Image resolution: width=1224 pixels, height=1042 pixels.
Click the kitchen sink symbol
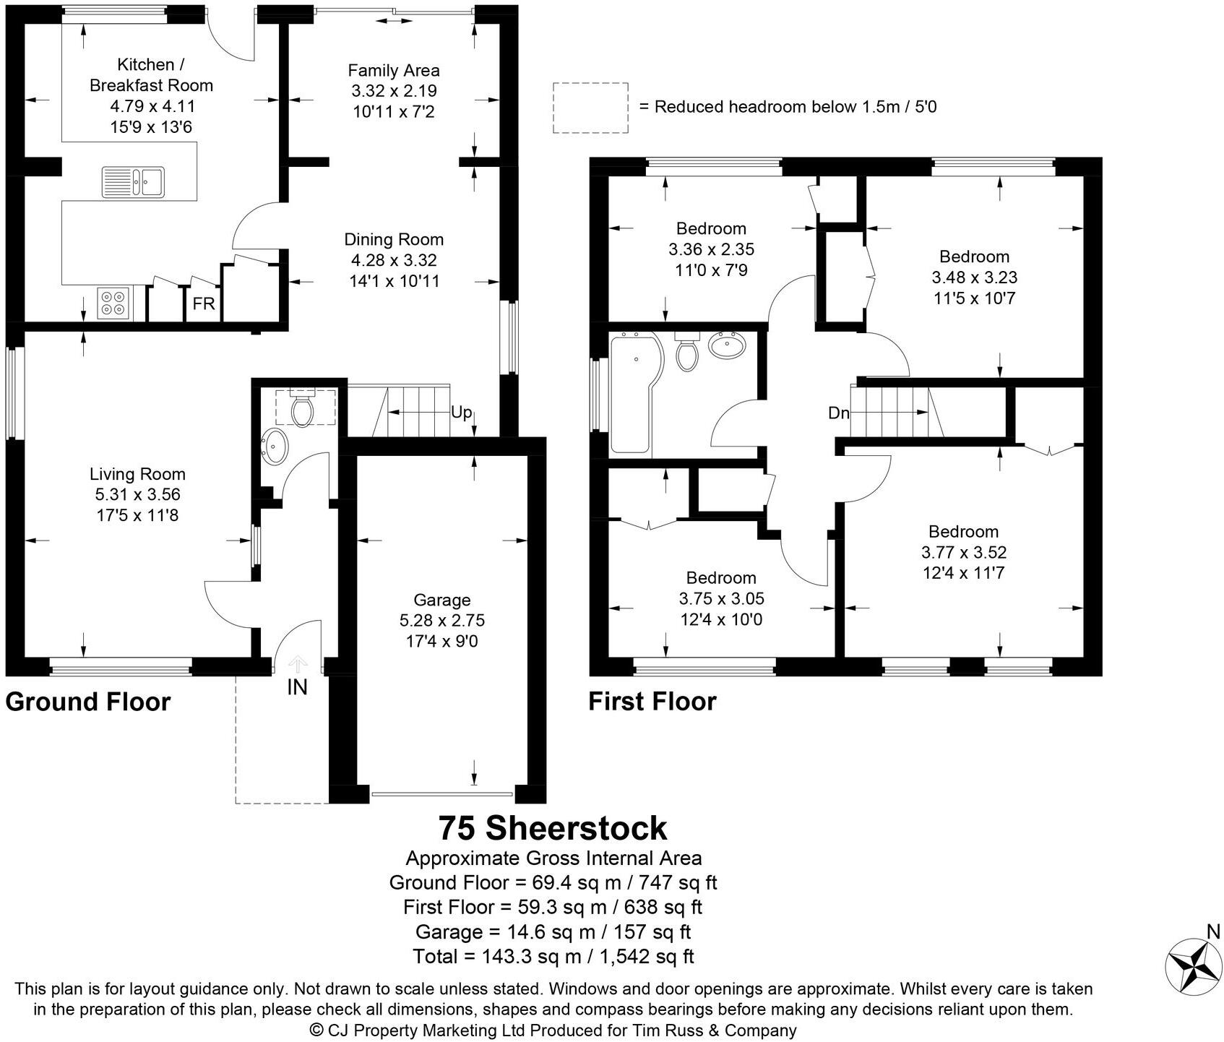point(134,181)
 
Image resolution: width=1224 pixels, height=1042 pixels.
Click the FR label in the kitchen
point(204,304)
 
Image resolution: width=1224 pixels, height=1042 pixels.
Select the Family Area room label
point(394,71)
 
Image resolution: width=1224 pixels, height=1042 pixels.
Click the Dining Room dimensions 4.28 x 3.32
point(394,260)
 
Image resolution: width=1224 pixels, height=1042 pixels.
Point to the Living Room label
point(137,474)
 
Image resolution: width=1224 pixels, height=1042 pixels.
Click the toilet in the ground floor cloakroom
point(301,409)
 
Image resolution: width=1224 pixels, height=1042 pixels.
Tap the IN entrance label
point(297,687)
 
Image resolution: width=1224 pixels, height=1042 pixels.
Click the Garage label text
point(441,600)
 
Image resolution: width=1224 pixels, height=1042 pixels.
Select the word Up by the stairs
point(461,413)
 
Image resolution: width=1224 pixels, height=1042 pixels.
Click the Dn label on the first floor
point(838,413)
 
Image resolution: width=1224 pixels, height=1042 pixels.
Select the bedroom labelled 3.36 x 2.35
point(711,249)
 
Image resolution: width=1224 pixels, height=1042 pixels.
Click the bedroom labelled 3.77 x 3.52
point(963,553)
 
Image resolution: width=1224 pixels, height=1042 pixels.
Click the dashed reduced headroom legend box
point(590,108)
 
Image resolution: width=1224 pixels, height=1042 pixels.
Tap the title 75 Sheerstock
point(553,828)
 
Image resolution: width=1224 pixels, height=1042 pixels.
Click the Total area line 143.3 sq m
point(553,956)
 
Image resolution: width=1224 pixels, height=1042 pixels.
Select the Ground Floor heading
point(88,702)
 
